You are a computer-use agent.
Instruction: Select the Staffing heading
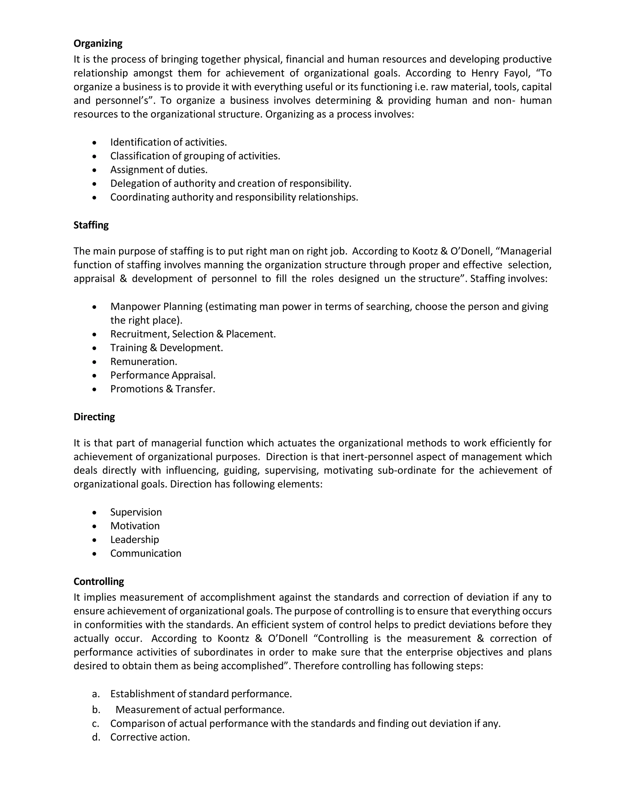click(91, 225)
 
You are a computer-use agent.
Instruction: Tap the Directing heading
click(94, 417)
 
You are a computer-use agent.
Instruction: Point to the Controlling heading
click(99, 582)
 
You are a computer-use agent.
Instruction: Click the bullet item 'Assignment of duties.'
click(158, 170)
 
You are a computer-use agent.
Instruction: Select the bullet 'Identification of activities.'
click(168, 142)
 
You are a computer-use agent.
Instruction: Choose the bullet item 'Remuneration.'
click(144, 361)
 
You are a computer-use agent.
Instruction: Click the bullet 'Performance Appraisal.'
click(163, 375)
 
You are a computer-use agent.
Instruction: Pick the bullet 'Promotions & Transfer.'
click(163, 389)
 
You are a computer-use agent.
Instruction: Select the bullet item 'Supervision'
click(136, 512)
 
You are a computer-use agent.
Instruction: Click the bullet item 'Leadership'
click(134, 539)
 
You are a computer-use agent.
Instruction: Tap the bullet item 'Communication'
click(146, 553)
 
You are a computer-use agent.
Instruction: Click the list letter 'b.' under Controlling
click(96, 710)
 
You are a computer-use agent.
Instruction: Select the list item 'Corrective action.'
click(150, 737)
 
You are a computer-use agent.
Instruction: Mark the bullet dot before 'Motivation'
click(95, 526)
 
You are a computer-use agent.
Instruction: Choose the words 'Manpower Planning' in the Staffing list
click(156, 307)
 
